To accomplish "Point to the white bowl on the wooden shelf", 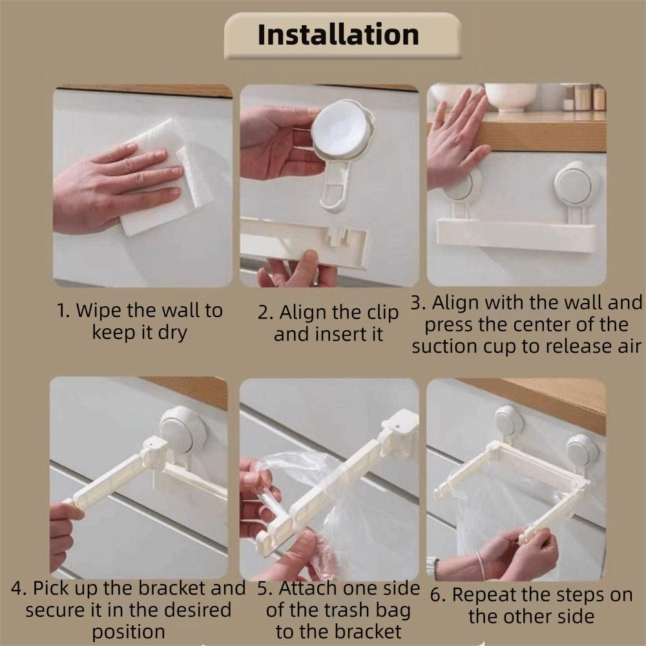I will (510, 97).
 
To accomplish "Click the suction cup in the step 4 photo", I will (182, 429).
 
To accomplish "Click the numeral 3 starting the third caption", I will (417, 303).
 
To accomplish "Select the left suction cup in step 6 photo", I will (508, 421).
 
